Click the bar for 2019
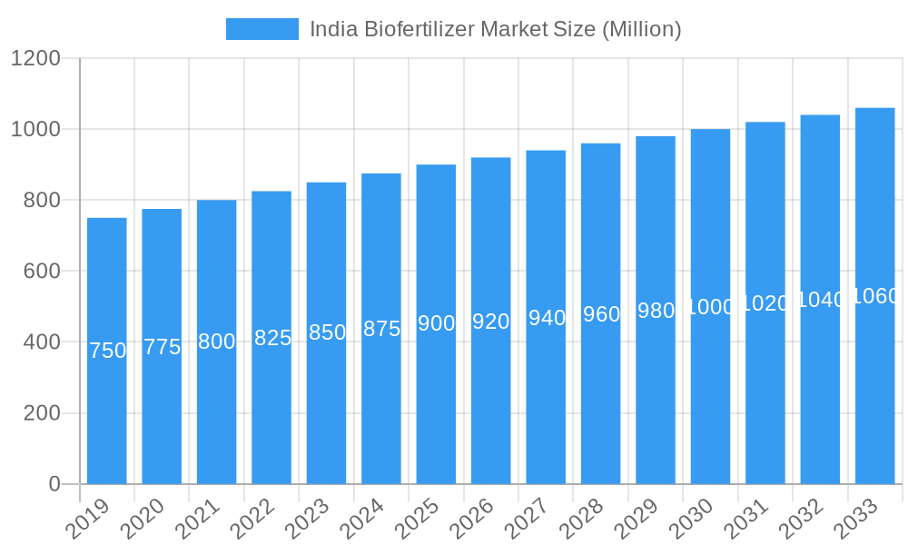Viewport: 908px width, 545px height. (107, 409)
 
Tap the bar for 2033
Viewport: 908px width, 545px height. (874, 391)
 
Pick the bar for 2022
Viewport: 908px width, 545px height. (271, 409)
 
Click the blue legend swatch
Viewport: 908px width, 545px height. (262, 29)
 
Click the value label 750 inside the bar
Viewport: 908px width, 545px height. (107, 351)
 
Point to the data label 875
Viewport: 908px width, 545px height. (381, 329)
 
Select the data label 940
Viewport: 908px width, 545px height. (547, 318)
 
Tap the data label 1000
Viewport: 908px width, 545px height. (710, 307)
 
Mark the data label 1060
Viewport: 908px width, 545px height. (875, 296)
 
